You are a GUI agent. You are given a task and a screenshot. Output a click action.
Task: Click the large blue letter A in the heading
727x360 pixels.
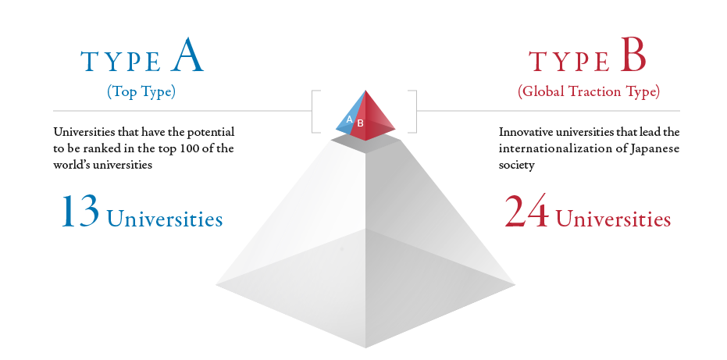[x=187, y=55]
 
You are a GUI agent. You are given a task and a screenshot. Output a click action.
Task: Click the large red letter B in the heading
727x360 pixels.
[x=633, y=56]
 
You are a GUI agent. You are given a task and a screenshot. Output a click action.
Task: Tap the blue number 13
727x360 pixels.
[x=80, y=211]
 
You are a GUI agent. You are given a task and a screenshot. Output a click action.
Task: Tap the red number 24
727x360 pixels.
[x=526, y=211]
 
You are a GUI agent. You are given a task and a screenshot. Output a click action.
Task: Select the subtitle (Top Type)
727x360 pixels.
[x=141, y=92]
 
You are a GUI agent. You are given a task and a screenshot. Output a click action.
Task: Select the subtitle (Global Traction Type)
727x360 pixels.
[x=588, y=91]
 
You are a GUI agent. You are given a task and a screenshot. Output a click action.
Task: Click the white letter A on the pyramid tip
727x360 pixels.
[x=350, y=119]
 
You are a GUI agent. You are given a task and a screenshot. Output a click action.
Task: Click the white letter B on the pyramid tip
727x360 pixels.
[x=360, y=123]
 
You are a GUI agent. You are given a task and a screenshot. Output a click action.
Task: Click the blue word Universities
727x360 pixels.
[x=165, y=219]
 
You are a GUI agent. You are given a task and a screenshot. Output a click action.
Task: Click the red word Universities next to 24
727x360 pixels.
[x=613, y=219]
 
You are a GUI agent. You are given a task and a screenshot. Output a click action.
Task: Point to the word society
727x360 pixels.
[x=517, y=165]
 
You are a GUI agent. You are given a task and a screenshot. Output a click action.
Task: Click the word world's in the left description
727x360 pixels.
[x=71, y=165]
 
